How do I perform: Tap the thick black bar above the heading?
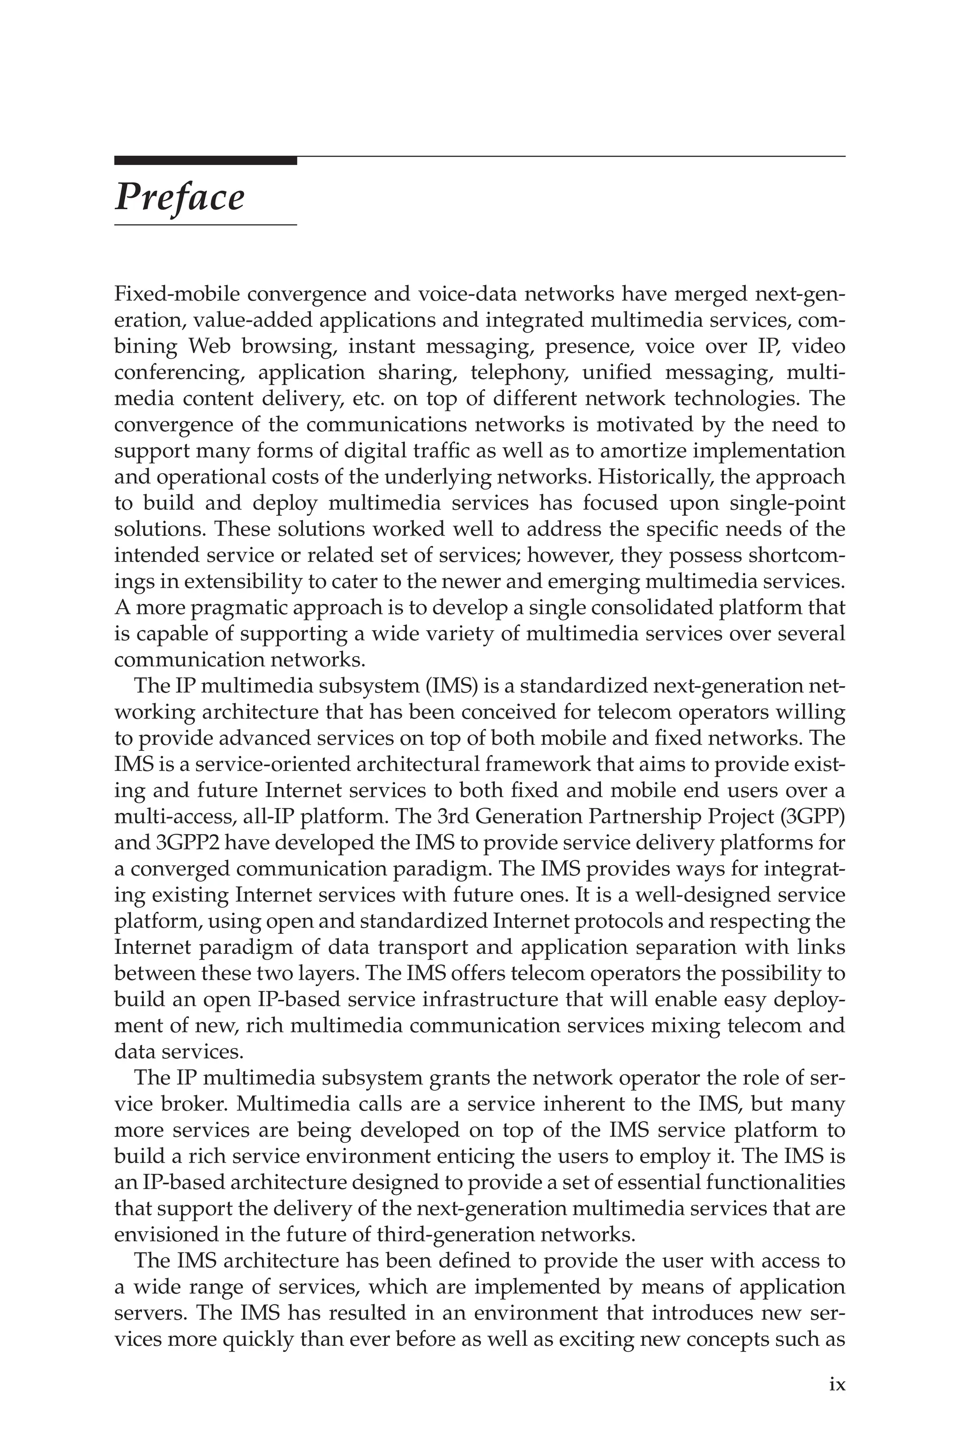205,161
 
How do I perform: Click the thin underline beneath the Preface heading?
205,226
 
